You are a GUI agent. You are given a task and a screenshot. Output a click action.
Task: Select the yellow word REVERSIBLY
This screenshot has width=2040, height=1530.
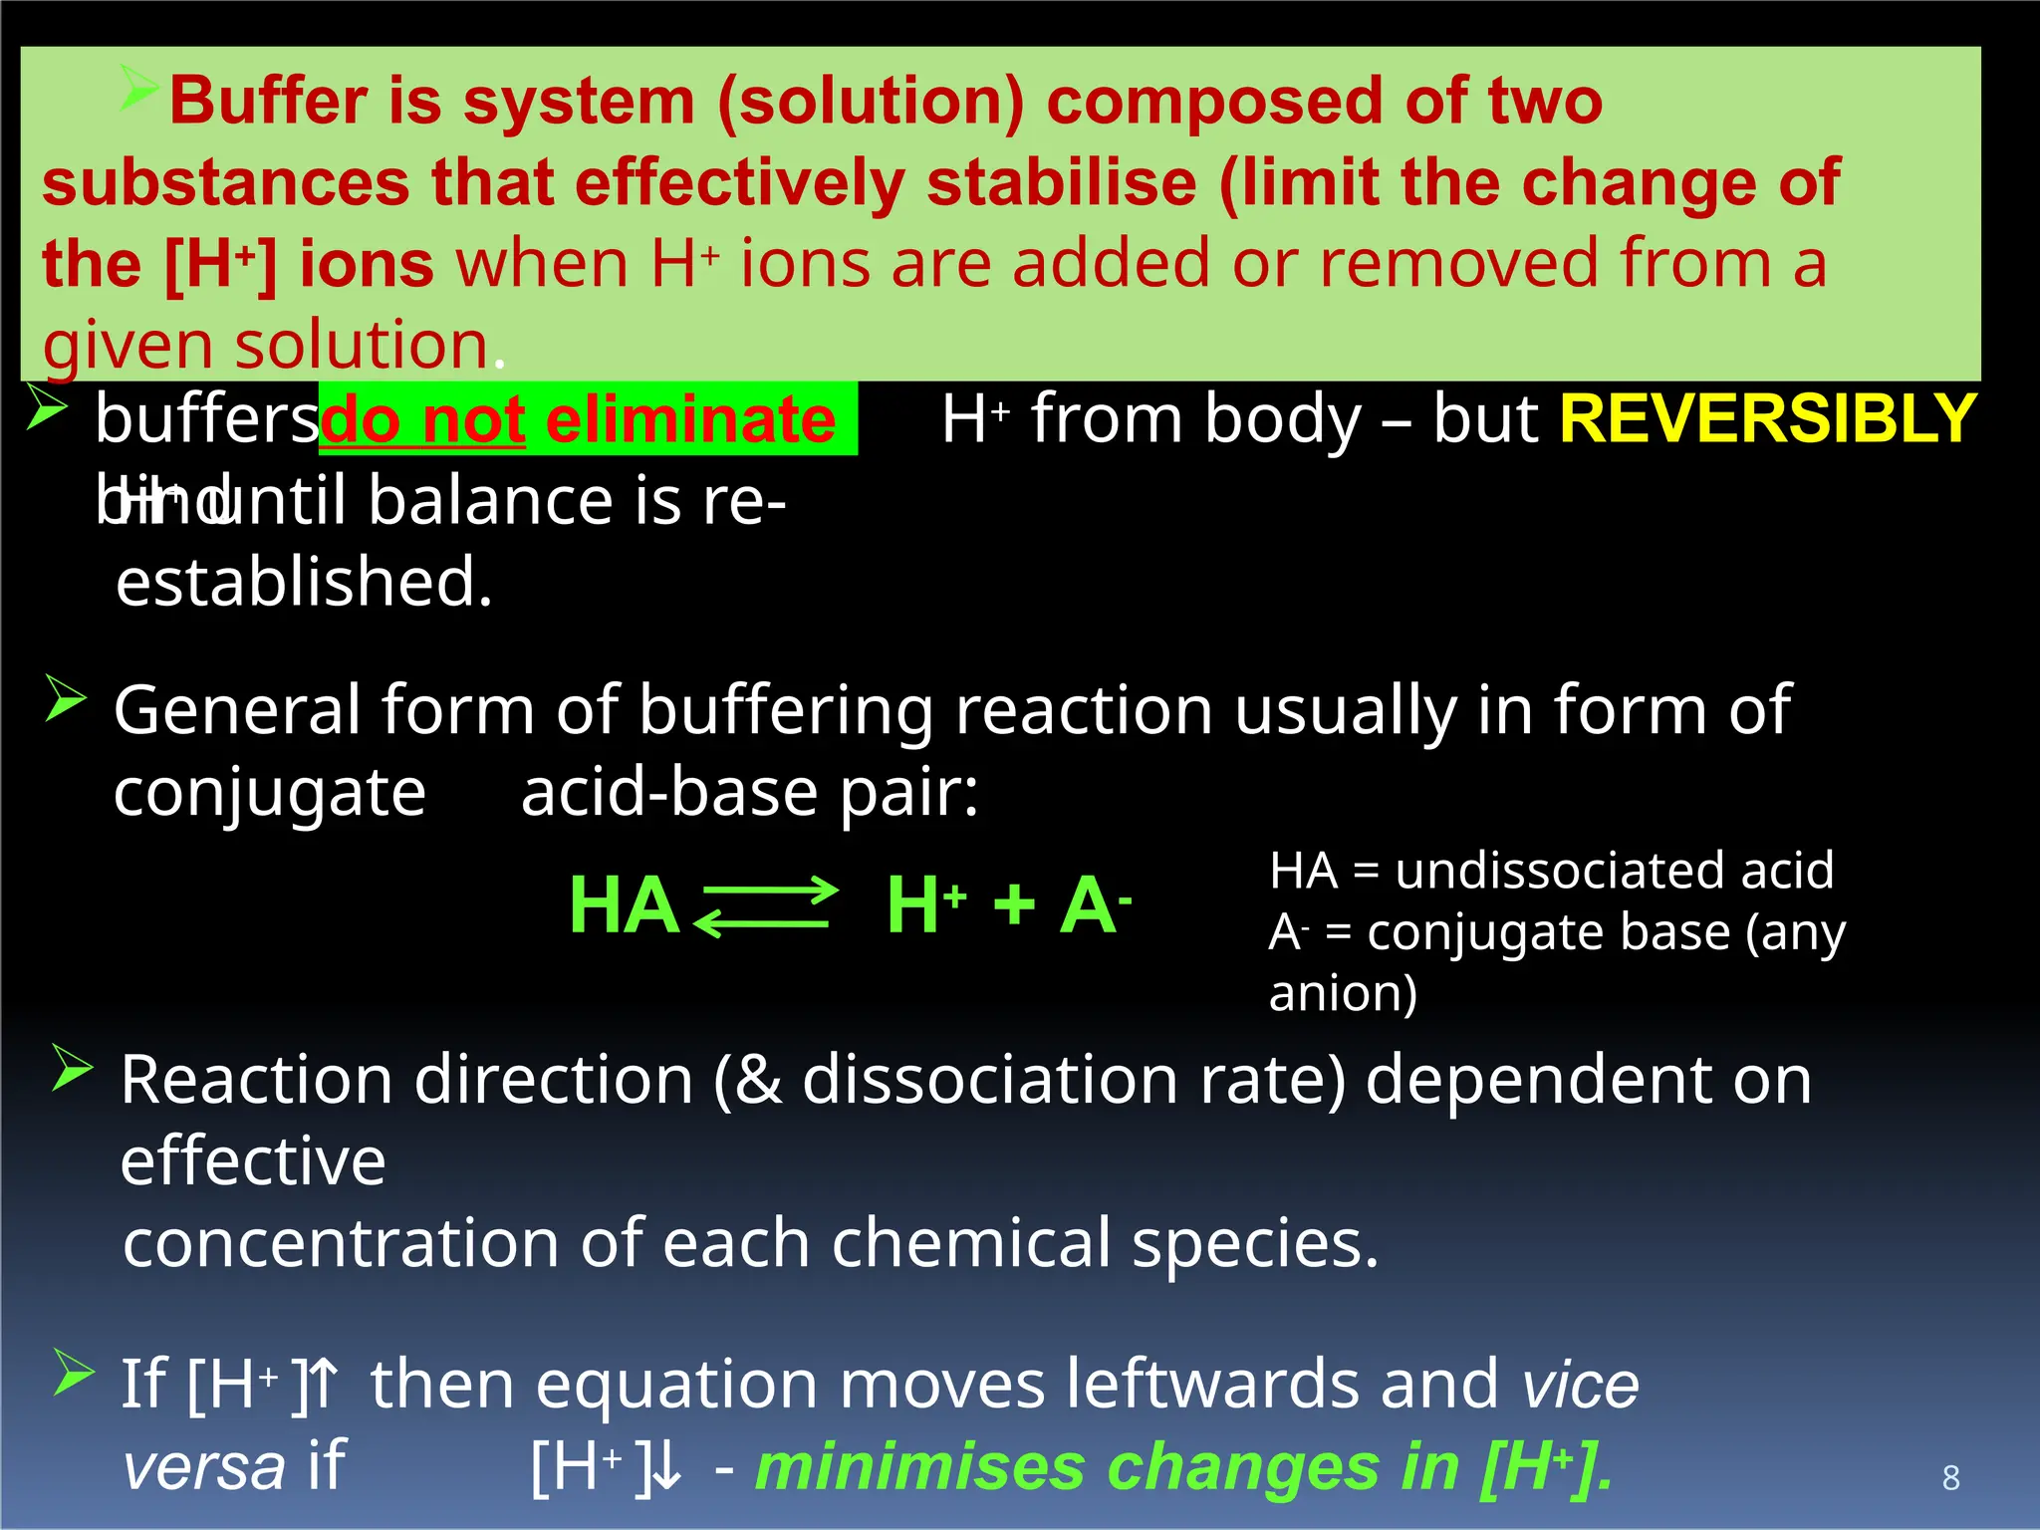click(1767, 418)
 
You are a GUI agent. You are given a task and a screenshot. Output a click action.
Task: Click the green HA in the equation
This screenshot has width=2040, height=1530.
click(624, 905)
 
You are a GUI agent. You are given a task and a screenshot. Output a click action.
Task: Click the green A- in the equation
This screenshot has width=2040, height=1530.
click(1094, 905)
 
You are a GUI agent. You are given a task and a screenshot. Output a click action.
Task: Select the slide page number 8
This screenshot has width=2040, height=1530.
click(1950, 1477)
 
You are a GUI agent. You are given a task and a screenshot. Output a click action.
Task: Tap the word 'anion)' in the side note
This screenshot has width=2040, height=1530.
click(1343, 993)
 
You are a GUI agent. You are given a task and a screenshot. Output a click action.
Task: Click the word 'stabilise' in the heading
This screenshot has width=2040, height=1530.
click(1062, 183)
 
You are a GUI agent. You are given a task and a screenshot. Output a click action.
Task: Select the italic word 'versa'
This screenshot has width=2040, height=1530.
click(204, 1467)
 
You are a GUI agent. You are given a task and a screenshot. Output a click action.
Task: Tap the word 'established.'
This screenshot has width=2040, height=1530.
click(304, 582)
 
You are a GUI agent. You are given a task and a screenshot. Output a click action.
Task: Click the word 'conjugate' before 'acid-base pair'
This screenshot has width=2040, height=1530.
click(270, 793)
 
